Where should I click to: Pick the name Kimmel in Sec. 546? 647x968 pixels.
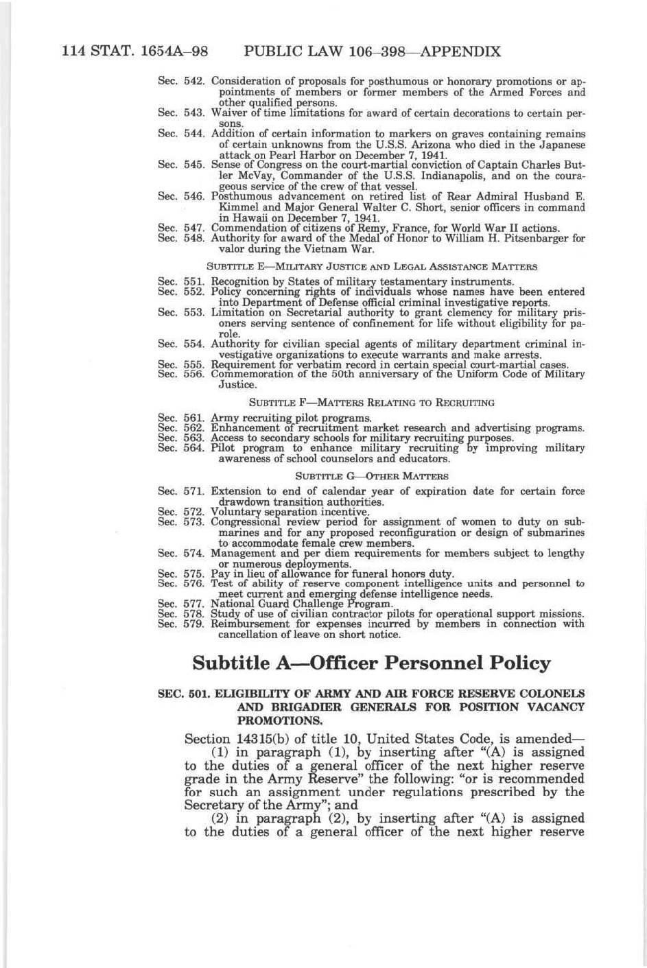coord(238,207)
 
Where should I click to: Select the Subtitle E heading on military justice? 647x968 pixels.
coord(371,266)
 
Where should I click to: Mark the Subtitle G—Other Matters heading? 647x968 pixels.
coord(371,475)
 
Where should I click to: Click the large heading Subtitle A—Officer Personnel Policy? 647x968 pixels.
coord(371,663)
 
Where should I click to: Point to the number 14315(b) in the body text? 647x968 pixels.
coord(267,739)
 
